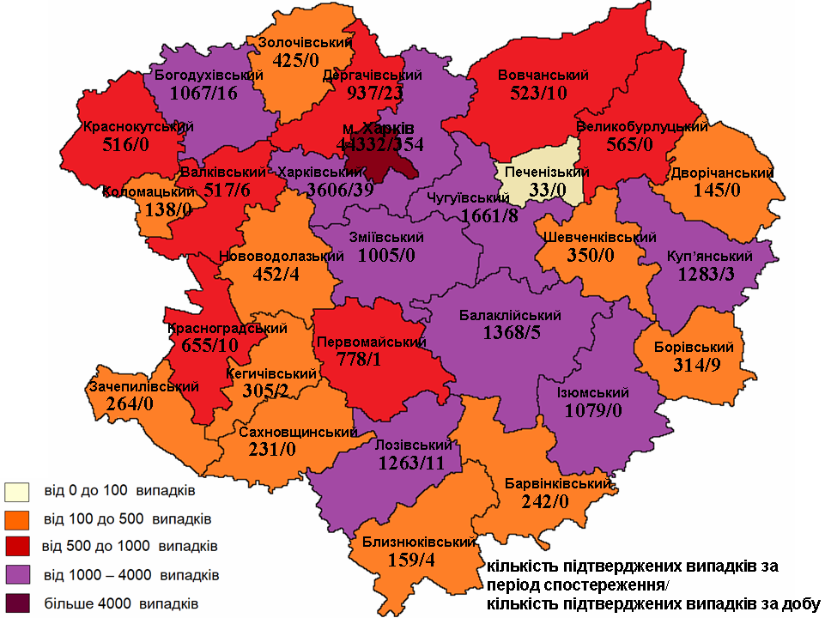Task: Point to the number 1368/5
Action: click(x=512, y=332)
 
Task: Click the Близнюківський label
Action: click(x=414, y=542)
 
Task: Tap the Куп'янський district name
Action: click(x=709, y=257)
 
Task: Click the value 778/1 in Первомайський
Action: click(x=361, y=359)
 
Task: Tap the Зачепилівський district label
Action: click(x=139, y=387)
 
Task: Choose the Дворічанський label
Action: click(x=724, y=173)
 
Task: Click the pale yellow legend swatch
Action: click(x=16, y=492)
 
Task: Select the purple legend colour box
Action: click(x=16, y=574)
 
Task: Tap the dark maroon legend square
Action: click(x=16, y=603)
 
